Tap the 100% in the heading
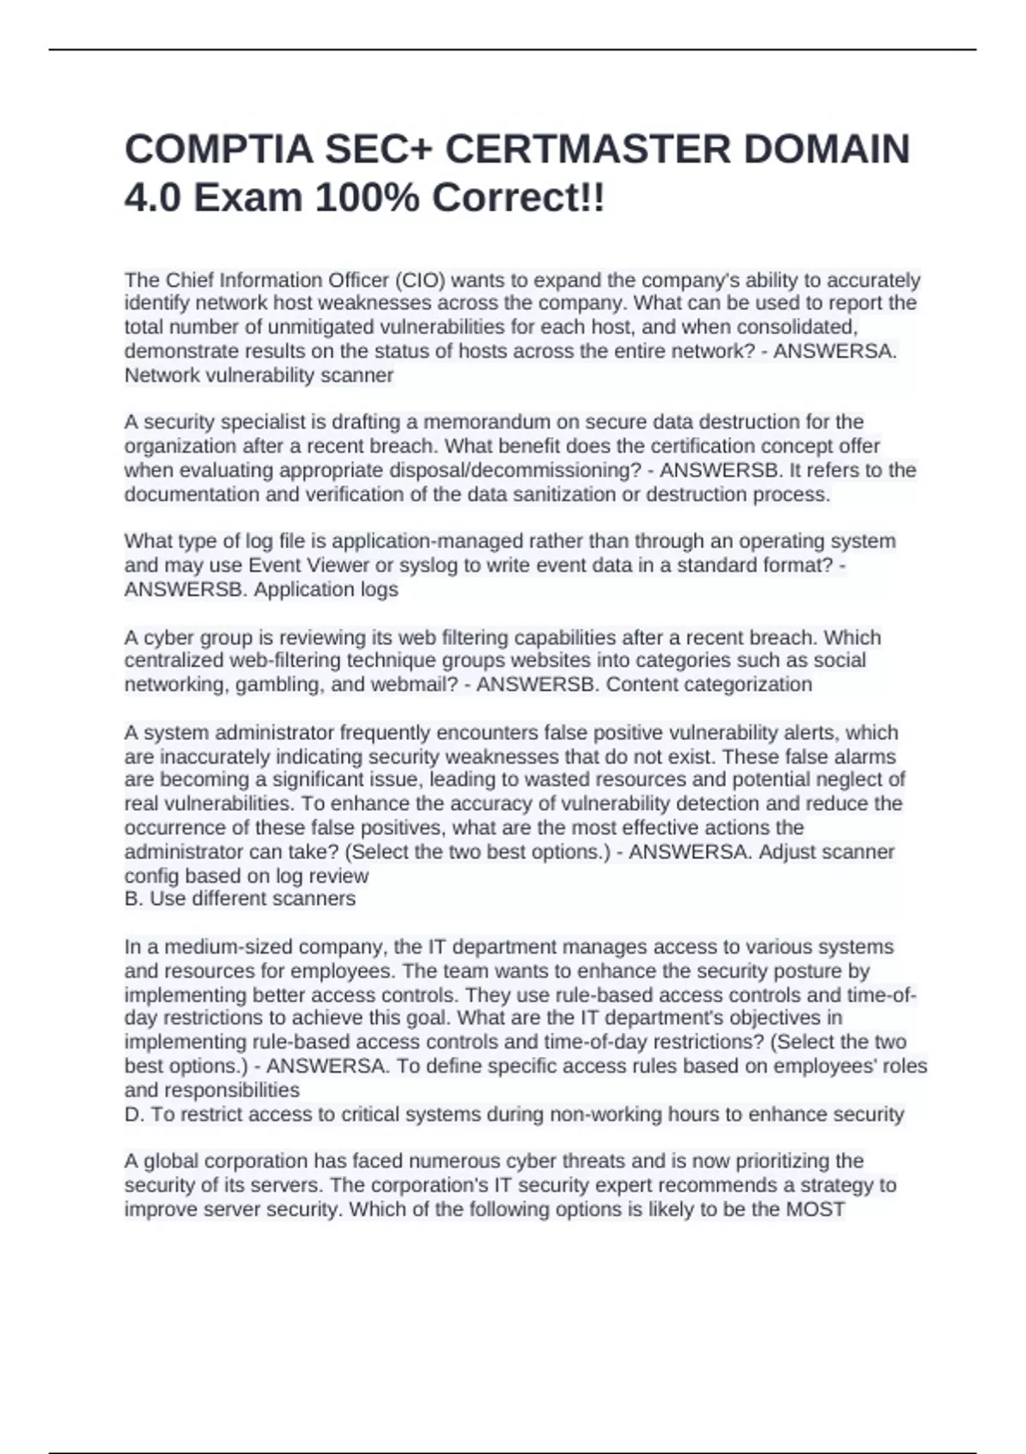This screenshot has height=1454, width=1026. pos(369,198)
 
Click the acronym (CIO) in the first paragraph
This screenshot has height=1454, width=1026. pos(419,281)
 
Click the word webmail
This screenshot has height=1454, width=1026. pos(414,684)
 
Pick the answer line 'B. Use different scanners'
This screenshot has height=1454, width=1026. pos(239,899)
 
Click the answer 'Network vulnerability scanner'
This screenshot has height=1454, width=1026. pos(259,375)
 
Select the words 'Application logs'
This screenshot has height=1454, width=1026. pos(326,589)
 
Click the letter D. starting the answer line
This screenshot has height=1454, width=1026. pos(134,1114)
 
